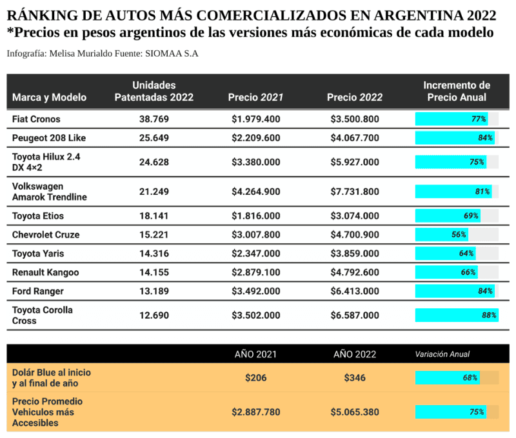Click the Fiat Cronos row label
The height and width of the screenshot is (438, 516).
point(36,119)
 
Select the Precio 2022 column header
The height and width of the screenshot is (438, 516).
point(354,97)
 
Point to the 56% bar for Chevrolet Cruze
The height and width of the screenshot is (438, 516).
point(441,235)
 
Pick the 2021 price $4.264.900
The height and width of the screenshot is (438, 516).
point(255,192)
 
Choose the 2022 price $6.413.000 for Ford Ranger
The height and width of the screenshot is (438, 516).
point(354,292)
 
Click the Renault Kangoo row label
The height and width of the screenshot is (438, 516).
point(45,273)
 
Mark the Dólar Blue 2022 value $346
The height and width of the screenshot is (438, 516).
point(354,378)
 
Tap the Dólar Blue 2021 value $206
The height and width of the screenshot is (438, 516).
point(255,378)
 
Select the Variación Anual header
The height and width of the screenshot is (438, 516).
point(442,354)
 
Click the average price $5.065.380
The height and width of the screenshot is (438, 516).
point(354,412)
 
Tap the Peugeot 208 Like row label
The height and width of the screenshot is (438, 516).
point(49,138)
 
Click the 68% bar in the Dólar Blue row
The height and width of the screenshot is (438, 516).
point(447,378)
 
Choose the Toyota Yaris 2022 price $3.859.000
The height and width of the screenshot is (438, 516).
point(354,254)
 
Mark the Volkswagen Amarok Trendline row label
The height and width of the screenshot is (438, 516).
point(49,192)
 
